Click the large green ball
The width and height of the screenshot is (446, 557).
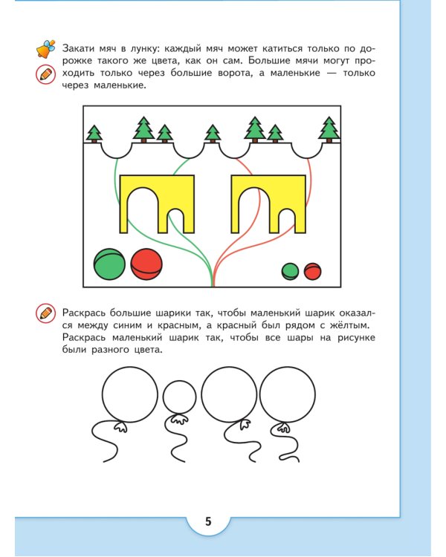(x=109, y=264)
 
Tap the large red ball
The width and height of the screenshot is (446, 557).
(x=146, y=264)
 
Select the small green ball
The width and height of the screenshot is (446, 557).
(x=290, y=271)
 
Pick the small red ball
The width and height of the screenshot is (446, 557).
(x=312, y=271)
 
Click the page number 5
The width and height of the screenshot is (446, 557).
(x=208, y=521)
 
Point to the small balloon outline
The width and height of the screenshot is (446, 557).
(x=178, y=397)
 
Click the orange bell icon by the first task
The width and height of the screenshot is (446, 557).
(x=45, y=49)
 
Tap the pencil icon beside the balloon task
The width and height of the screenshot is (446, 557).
(x=45, y=313)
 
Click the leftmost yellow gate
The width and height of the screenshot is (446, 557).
(x=157, y=202)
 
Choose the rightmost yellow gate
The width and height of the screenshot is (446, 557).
(x=268, y=202)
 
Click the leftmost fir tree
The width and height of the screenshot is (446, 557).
(x=94, y=134)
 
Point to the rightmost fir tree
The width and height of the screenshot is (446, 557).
(x=329, y=129)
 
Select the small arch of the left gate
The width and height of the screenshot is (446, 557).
(x=176, y=221)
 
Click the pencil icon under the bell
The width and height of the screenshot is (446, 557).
(x=45, y=74)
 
